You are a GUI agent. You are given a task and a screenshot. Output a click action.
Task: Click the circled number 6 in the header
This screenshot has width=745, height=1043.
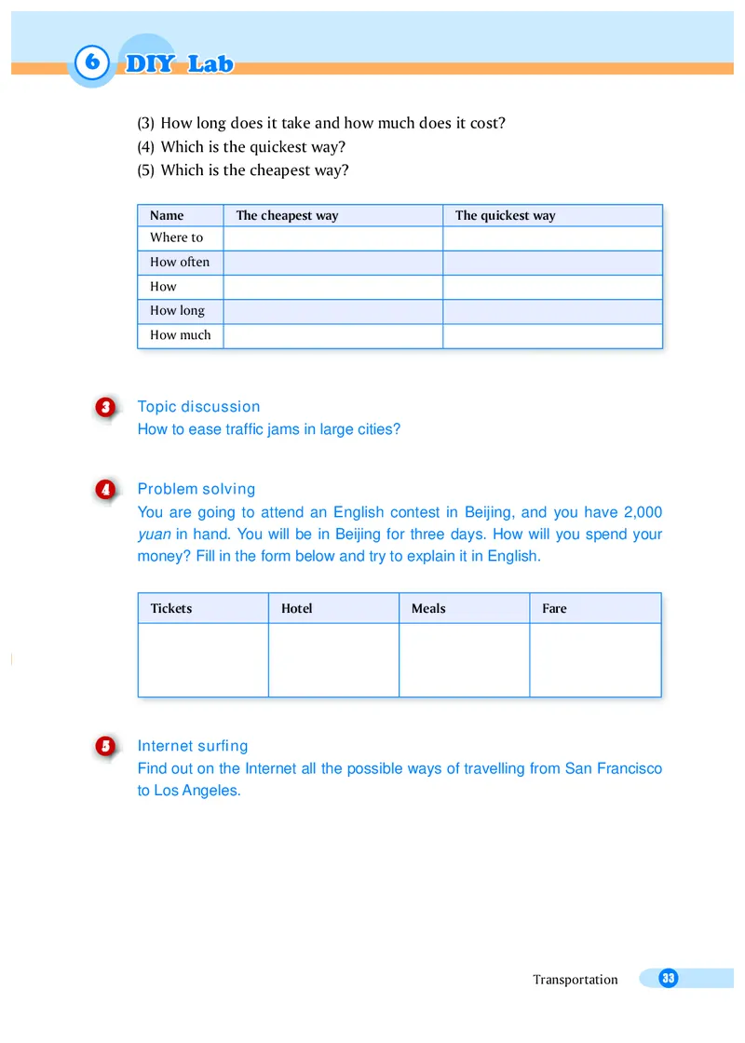pyautogui.click(x=90, y=63)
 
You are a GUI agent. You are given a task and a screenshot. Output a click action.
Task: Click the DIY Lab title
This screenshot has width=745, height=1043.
pyautogui.click(x=179, y=64)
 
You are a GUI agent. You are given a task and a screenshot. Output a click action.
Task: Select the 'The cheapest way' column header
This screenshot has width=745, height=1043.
pyautogui.click(x=287, y=216)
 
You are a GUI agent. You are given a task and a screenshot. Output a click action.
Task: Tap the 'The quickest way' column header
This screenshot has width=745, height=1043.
pyautogui.click(x=505, y=216)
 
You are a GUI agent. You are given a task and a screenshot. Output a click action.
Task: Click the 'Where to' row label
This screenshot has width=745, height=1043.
pyautogui.click(x=176, y=238)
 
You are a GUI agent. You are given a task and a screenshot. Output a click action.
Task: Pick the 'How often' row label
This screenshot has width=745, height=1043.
pyautogui.click(x=180, y=263)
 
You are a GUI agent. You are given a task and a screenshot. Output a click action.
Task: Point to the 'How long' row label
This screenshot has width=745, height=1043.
pyautogui.click(x=177, y=311)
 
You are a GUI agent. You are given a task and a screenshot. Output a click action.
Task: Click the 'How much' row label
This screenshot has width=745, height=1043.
pyautogui.click(x=180, y=335)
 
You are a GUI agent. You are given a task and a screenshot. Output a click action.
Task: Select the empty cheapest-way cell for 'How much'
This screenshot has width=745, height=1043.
pyautogui.click(x=332, y=336)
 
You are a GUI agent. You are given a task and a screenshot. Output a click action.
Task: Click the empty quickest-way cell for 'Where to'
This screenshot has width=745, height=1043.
pyautogui.click(x=552, y=239)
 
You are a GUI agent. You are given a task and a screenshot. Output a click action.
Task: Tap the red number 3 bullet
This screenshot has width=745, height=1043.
pyautogui.click(x=105, y=407)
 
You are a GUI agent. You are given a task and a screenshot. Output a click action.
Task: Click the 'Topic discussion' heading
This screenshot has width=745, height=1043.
pyautogui.click(x=198, y=407)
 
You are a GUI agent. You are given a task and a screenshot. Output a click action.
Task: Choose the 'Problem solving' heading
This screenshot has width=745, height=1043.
pyautogui.click(x=196, y=489)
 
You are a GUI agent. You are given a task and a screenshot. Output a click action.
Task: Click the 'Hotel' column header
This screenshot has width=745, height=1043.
pyautogui.click(x=296, y=609)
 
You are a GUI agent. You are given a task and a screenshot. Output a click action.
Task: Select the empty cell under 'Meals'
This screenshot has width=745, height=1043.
pyautogui.click(x=464, y=659)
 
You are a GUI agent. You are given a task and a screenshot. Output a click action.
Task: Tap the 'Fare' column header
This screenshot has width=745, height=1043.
pyautogui.click(x=554, y=609)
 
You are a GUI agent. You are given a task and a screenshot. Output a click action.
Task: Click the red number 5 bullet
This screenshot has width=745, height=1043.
pyautogui.click(x=105, y=747)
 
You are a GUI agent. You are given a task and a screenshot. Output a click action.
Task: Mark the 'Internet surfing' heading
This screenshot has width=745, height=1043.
pyautogui.click(x=192, y=746)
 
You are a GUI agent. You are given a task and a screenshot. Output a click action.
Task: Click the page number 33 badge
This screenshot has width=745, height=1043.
pyautogui.click(x=668, y=978)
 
